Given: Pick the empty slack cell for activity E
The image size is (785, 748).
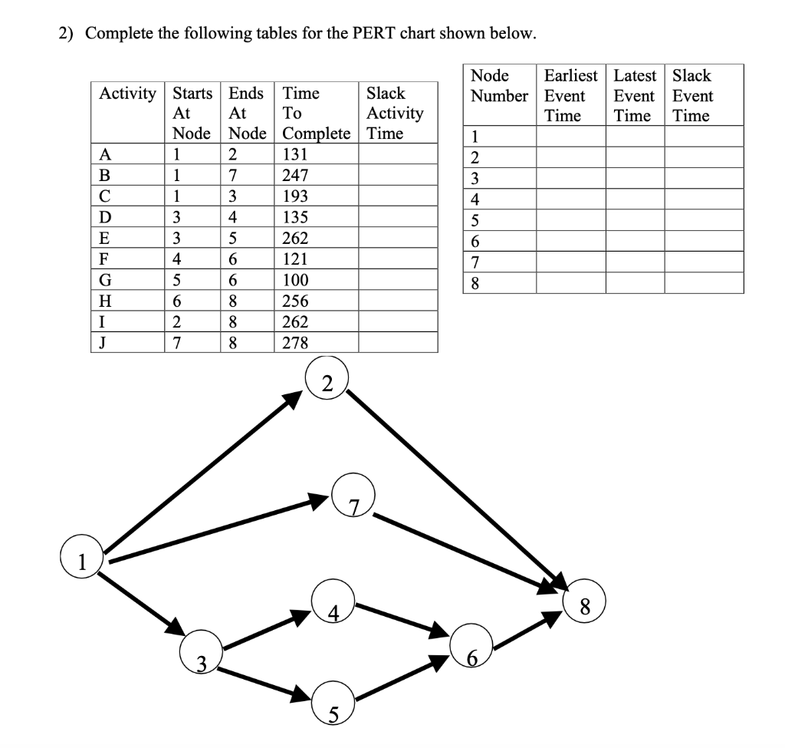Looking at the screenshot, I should pos(399,237).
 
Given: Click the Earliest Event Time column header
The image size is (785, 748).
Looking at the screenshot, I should pos(570,96).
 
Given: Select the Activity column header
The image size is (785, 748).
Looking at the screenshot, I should pos(128,94).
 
